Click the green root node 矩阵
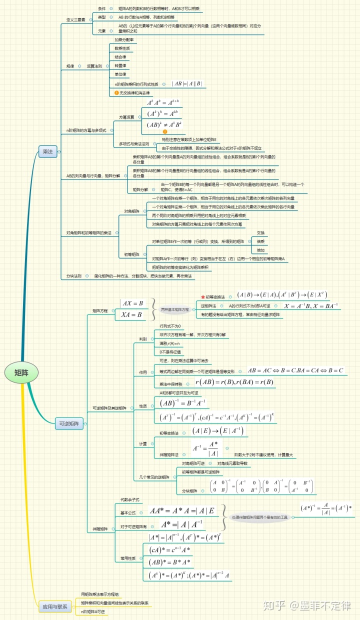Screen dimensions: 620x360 tap(21, 372)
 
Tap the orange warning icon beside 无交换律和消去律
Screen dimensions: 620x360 tap(116, 93)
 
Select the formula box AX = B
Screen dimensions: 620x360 tap(133, 303)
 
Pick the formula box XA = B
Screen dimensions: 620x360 tap(133, 315)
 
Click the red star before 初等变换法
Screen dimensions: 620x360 tap(202, 296)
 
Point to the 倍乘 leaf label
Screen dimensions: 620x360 tap(260, 241)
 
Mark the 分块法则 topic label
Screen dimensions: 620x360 tap(74, 276)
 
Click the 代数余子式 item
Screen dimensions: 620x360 tap(129, 500)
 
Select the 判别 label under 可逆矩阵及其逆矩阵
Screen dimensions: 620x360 tap(143, 339)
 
